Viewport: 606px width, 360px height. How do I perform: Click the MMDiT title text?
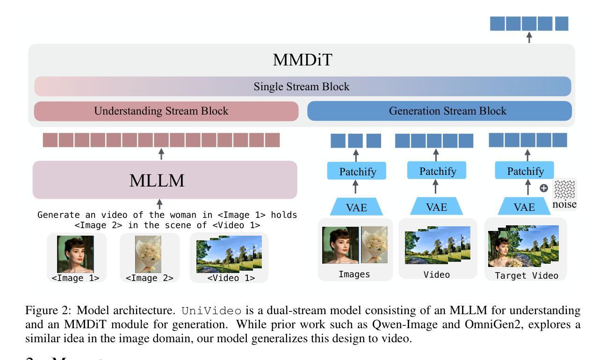[x=302, y=60]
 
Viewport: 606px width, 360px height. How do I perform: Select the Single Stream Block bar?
[x=302, y=86]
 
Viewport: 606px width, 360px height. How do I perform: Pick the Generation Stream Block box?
[x=439, y=111]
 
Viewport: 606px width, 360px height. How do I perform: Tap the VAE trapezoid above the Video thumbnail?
[x=436, y=207]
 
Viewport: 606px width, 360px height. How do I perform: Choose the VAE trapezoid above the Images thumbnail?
[x=356, y=207]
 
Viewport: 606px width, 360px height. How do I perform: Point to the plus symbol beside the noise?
[x=544, y=188]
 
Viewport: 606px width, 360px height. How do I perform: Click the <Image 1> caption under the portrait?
[x=75, y=278]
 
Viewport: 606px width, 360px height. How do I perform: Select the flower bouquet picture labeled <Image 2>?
[x=148, y=254]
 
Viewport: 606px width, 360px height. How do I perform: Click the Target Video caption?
[x=527, y=276]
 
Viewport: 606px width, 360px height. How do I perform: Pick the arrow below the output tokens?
[x=529, y=37]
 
